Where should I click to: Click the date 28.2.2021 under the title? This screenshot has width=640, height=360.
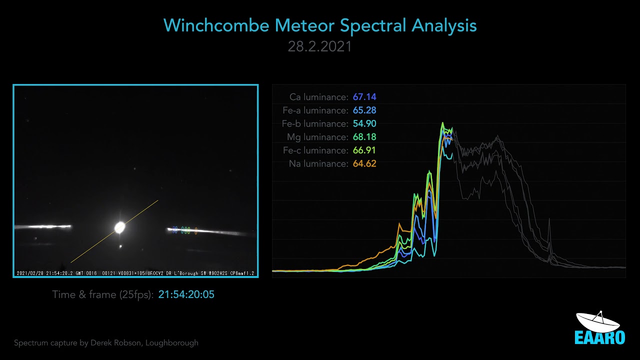pos(319,46)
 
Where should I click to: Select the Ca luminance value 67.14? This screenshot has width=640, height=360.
pos(364,97)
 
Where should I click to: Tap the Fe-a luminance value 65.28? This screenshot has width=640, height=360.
pos(364,110)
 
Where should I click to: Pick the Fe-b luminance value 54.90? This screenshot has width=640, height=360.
pos(364,123)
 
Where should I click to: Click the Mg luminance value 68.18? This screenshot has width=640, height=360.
pos(364,137)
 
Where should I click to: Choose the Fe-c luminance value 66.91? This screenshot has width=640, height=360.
pos(364,150)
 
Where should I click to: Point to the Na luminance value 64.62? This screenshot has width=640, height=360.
pos(364,163)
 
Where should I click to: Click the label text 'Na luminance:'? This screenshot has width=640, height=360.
pos(318,163)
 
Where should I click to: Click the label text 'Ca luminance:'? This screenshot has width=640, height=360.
pos(318,97)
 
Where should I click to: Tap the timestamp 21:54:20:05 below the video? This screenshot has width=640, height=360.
pos(186,294)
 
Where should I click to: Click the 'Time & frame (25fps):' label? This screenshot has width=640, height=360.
pos(102,294)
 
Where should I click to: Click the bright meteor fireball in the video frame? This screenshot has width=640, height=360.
pos(120,227)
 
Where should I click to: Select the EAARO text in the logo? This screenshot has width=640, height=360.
pos(599,337)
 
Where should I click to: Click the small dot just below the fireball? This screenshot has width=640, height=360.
pos(120,246)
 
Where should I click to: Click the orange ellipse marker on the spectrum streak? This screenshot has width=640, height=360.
pos(195,230)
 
